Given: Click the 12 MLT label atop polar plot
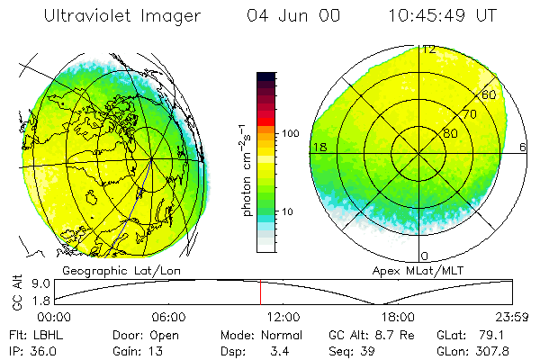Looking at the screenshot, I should [429, 49].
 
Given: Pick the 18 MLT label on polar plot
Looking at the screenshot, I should [319, 148].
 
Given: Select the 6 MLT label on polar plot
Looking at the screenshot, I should [523, 148].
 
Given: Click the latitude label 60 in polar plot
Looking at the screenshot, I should [489, 94].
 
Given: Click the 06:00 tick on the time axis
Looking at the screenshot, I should [168, 317].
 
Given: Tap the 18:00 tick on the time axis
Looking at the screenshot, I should [397, 317].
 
